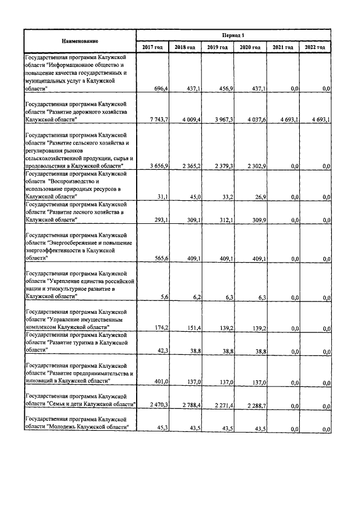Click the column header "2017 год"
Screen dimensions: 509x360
point(152,47)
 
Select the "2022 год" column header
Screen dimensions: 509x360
point(314,47)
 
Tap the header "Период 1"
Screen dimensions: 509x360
point(233,35)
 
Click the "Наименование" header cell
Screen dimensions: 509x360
point(80,41)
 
